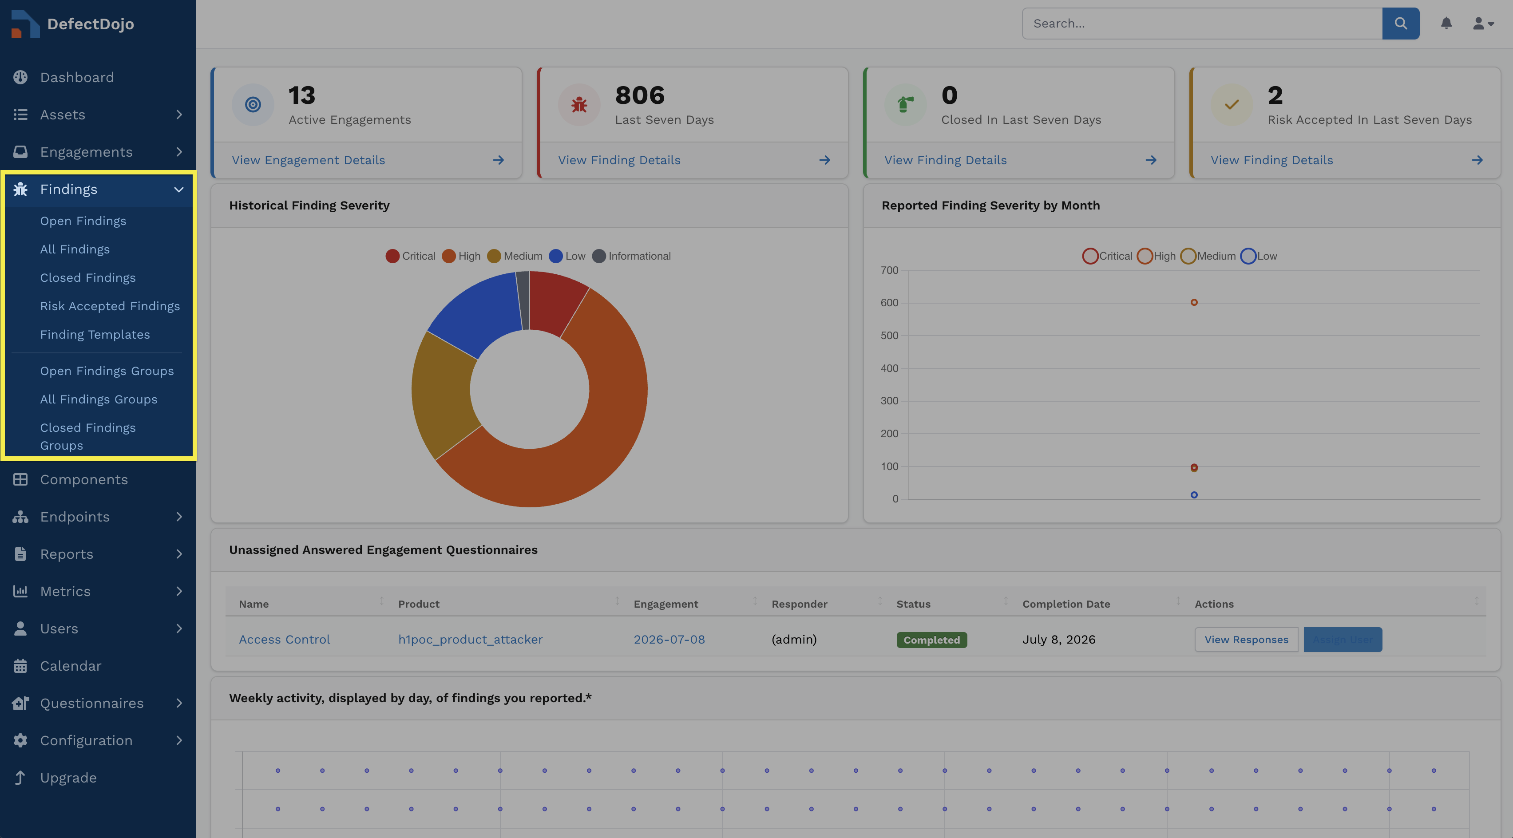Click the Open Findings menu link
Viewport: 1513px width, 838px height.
[83, 221]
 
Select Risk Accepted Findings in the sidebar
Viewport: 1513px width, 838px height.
[110, 306]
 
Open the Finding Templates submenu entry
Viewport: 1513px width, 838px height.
[95, 334]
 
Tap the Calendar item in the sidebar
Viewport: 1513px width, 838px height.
[71, 665]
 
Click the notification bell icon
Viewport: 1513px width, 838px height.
[1446, 24]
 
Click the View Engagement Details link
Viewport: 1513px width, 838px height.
[309, 160]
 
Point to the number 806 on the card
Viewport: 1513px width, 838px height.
[640, 95]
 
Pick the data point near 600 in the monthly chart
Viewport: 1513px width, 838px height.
[1194, 302]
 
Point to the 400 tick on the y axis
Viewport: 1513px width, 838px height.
[889, 368]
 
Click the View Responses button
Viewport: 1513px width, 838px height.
[1246, 640]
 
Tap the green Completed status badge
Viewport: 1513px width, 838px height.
[931, 640]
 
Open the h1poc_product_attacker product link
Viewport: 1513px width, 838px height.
[471, 640]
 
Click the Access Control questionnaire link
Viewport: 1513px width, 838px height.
[284, 640]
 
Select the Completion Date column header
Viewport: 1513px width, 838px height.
[1066, 604]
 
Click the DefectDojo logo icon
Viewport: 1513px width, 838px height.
[25, 24]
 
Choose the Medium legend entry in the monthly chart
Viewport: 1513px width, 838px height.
[1208, 256]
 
